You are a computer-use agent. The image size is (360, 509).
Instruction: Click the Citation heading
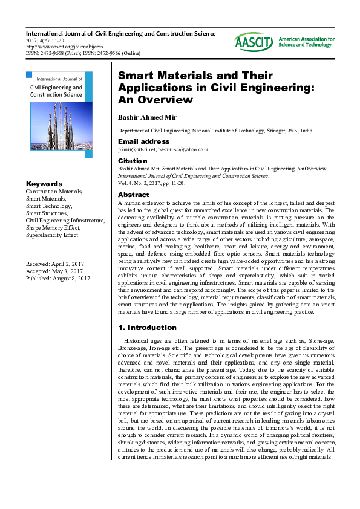pyautogui.click(x=133, y=161)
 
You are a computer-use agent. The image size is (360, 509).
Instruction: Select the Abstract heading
pyautogui.click(x=133, y=195)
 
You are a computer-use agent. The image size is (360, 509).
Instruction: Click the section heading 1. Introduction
pyautogui.click(x=147, y=328)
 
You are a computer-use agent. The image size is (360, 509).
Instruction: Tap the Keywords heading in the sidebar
pyautogui.click(x=44, y=184)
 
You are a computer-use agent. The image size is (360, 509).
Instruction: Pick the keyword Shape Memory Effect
pyautogui.click(x=53, y=228)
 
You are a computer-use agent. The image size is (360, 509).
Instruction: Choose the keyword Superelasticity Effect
pyautogui.click(x=51, y=235)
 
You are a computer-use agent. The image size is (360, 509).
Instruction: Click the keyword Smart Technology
pyautogui.click(x=50, y=206)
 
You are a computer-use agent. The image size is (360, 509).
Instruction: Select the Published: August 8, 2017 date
pyautogui.click(x=57, y=279)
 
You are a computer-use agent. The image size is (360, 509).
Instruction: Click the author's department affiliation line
pyautogui.click(x=215, y=130)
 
